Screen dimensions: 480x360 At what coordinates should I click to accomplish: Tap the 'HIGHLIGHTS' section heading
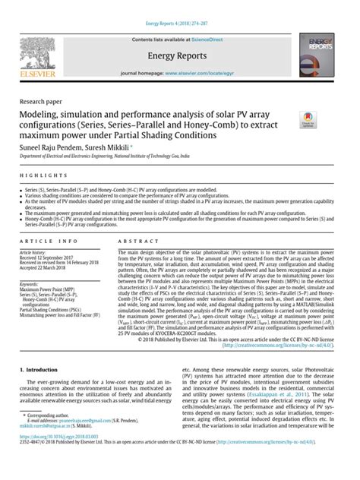click(36, 175)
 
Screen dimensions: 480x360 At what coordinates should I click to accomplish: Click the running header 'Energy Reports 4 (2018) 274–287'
click(179, 6)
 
